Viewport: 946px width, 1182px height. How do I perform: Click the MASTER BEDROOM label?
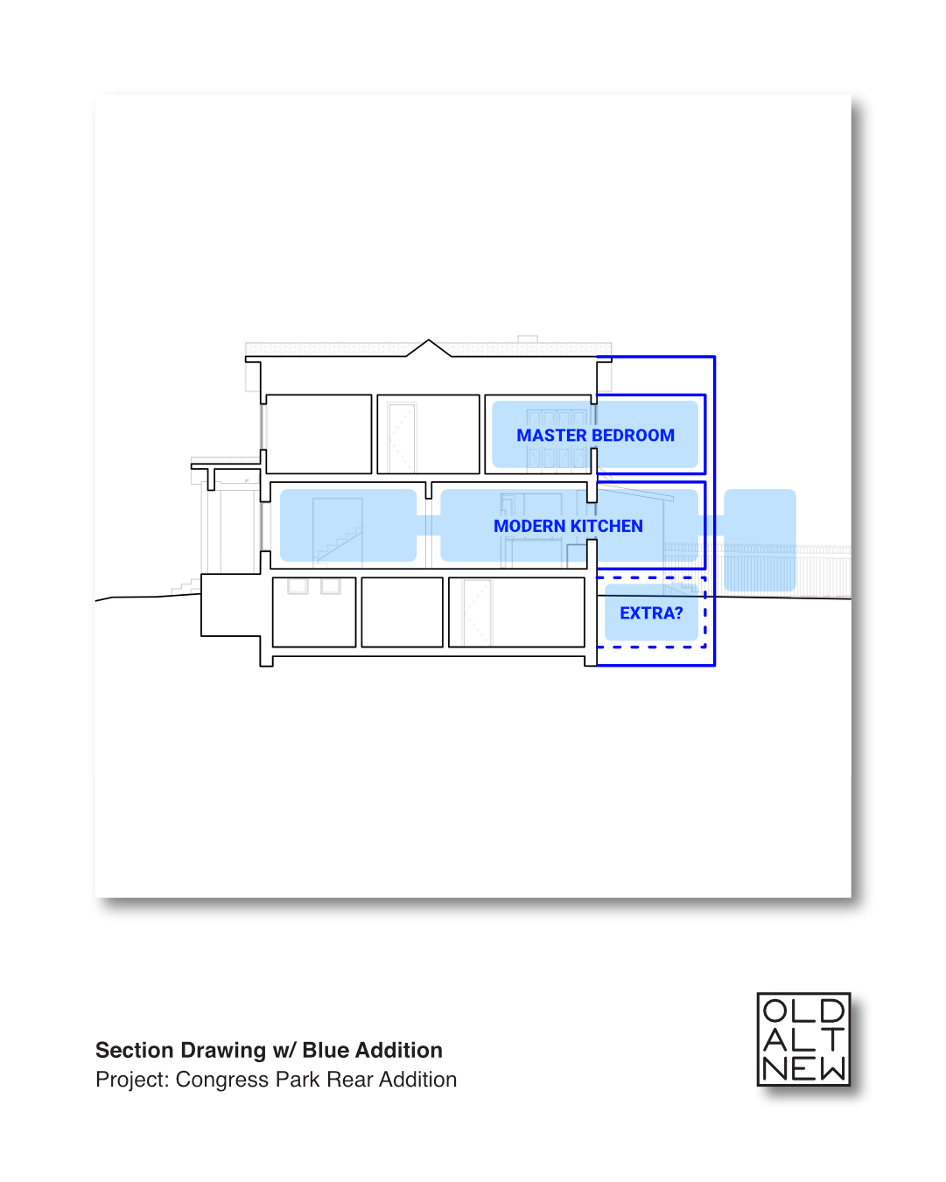[595, 435]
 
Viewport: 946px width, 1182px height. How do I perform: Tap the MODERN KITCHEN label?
[568, 526]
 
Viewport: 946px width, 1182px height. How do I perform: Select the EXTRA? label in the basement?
[651, 613]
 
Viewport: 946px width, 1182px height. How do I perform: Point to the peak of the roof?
[428, 341]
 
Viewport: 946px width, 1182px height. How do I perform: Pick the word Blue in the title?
[326, 1050]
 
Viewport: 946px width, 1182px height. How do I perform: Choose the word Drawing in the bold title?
[226, 1050]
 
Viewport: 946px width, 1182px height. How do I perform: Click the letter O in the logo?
[776, 1011]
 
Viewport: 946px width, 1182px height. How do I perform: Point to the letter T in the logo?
[831, 1039]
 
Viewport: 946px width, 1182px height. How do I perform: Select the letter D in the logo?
[831, 1011]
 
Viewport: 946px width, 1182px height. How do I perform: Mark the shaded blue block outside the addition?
[760, 539]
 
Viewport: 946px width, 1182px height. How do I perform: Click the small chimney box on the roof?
[528, 339]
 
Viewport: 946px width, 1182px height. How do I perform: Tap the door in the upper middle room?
[402, 437]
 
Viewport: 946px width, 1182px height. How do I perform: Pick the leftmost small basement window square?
[298, 586]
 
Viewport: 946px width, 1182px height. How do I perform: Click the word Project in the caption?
[130, 1080]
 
